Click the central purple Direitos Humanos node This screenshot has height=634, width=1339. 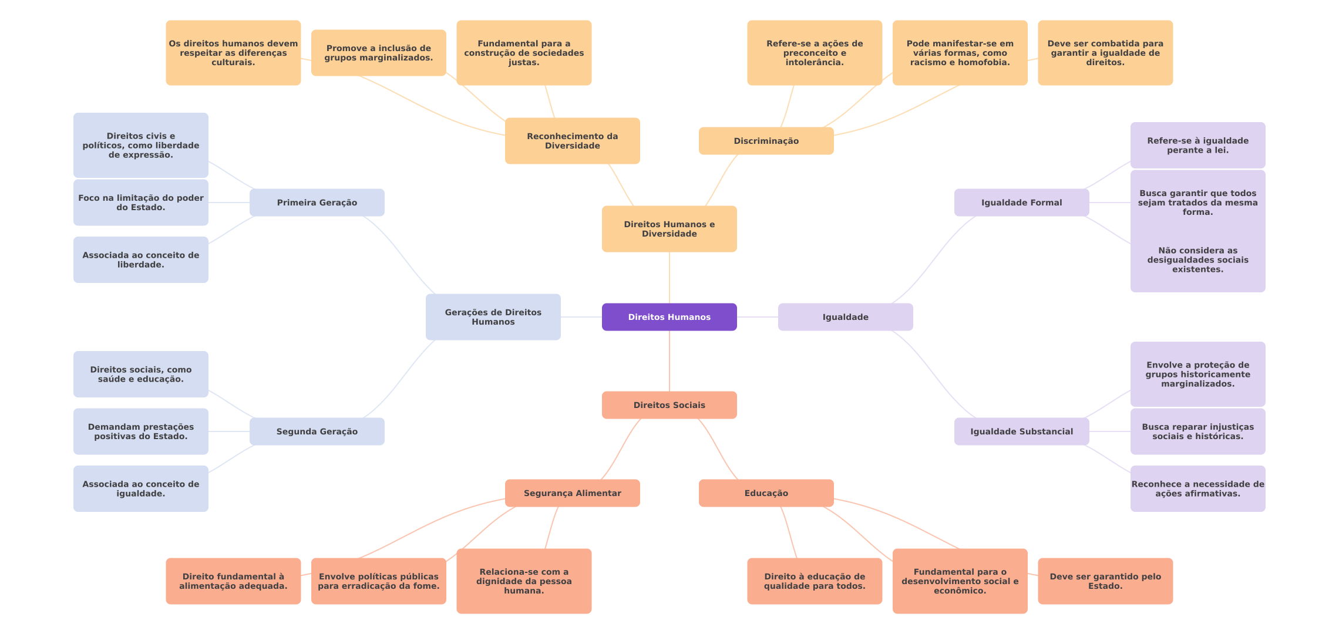[x=669, y=317]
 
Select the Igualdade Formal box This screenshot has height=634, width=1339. [x=1021, y=203]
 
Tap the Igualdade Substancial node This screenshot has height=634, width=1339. [x=1021, y=431]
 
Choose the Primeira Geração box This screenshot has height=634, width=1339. [x=317, y=203]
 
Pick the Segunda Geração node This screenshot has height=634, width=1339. [x=317, y=431]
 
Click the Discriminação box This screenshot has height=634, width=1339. [x=766, y=141]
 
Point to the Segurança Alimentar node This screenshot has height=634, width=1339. [x=572, y=493]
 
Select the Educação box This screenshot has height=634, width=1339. [x=766, y=493]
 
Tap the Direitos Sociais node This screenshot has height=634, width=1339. [x=669, y=405]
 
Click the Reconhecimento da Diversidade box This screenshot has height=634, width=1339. [x=572, y=141]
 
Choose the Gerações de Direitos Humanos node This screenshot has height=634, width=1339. [x=493, y=317]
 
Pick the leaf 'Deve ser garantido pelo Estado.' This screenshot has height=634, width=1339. [x=1105, y=581]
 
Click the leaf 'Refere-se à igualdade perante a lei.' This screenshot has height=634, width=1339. [x=1197, y=146]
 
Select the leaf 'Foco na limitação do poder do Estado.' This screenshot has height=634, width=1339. [x=140, y=203]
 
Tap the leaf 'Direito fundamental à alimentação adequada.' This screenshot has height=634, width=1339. [x=233, y=581]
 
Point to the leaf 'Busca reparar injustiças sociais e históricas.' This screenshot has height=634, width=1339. [x=1197, y=431]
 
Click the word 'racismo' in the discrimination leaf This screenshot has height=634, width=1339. [x=928, y=62]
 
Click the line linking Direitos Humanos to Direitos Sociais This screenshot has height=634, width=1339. [x=669, y=361]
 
